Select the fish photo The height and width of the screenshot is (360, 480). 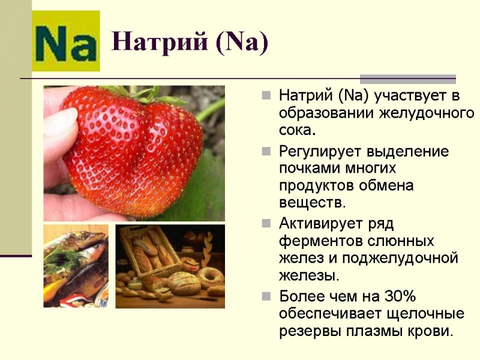[76, 266]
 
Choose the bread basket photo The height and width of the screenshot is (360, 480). [170, 266]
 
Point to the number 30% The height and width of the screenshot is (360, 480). [401, 296]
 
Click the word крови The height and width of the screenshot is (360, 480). [429, 331]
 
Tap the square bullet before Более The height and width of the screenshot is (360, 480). [267, 296]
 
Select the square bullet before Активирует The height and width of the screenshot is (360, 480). [267, 224]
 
